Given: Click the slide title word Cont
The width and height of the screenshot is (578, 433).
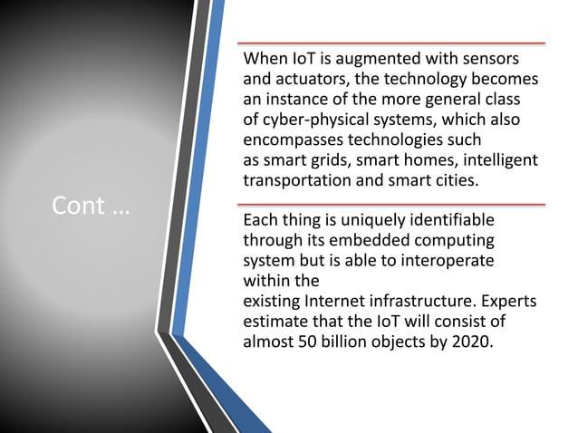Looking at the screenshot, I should click(78, 207).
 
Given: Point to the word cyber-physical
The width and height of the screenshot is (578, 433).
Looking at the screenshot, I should click(316, 120).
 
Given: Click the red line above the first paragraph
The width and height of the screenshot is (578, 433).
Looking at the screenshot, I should click(390, 43).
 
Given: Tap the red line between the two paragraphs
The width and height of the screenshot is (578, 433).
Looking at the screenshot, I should click(390, 204).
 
